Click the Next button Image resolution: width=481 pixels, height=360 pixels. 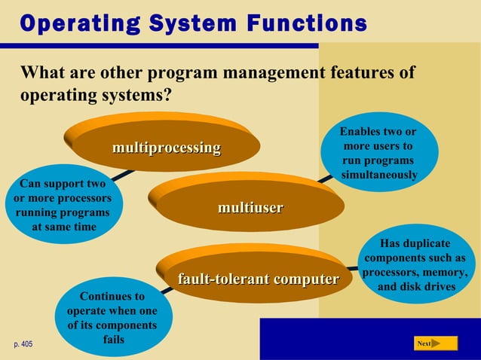coord(436,343)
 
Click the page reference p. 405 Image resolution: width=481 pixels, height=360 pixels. coord(23,344)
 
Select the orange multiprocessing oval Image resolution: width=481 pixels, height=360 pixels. coord(166,148)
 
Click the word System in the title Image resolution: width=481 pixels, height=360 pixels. coord(177,23)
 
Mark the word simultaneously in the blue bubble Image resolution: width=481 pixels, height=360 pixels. coord(379,175)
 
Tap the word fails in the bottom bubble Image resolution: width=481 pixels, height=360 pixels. coord(112,339)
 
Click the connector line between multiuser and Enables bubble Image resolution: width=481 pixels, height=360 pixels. coord(324,179)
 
